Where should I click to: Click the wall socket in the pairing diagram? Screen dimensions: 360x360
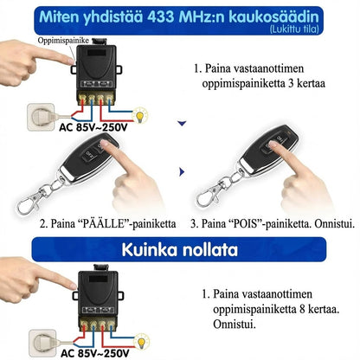click(x=37, y=114)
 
